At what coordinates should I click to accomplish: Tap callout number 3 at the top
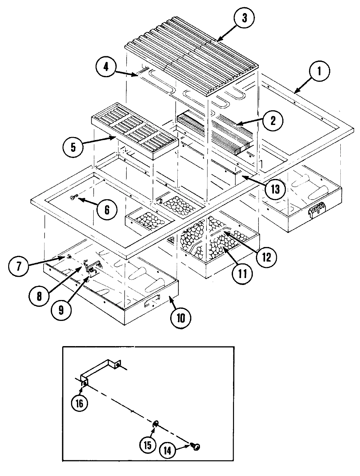point(244,18)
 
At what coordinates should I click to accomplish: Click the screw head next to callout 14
point(196,447)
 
